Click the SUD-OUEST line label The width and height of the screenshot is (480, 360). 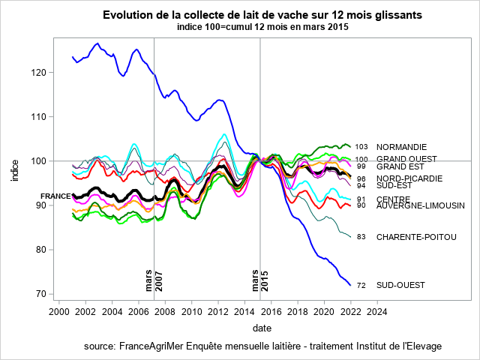(x=400, y=285)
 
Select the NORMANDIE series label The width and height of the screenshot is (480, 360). (x=401, y=147)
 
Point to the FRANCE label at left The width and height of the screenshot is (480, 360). (x=55, y=196)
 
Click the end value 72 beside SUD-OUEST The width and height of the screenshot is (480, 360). (x=361, y=285)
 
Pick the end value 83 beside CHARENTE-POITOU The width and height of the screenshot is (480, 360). (x=361, y=237)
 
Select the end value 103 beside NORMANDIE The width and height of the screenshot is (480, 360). (x=362, y=147)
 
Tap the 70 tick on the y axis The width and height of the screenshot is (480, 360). (x=42, y=294)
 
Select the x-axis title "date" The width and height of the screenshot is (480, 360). (x=262, y=328)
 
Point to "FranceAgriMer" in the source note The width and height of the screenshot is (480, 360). (x=154, y=346)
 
